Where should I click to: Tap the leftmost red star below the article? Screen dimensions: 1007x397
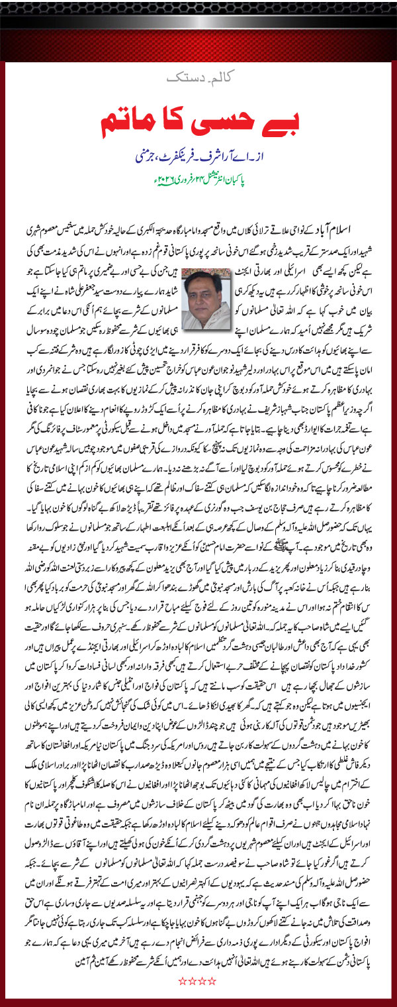[x=183, y=980]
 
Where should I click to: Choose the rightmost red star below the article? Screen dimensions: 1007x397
[x=214, y=980]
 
